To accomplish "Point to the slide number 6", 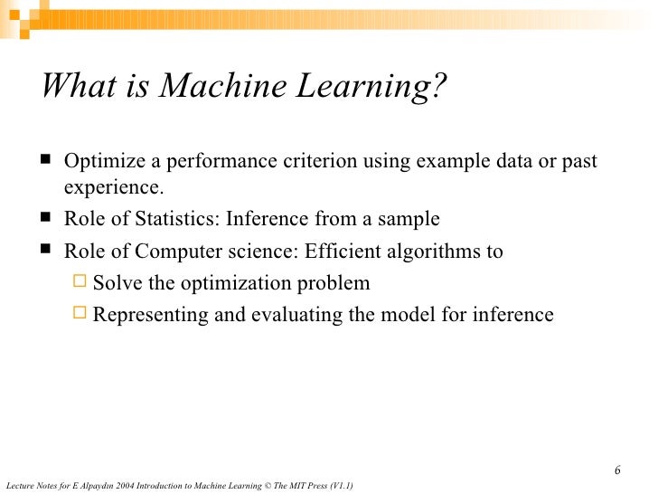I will tap(617, 470).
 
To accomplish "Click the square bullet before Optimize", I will tap(46, 160).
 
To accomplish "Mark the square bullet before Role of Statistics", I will tap(46, 218).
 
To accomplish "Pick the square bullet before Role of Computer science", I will tap(46, 251).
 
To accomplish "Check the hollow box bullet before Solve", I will tap(80, 281).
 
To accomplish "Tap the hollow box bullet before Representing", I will tap(80, 313).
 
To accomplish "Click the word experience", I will tap(113, 187).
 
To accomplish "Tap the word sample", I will tap(410, 219).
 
